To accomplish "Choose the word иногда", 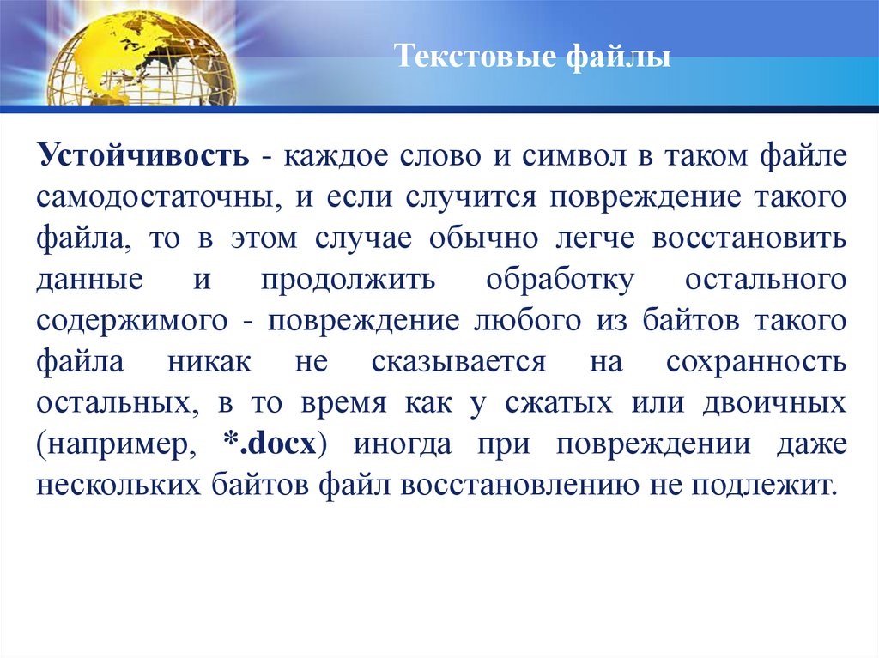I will pos(404,444).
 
